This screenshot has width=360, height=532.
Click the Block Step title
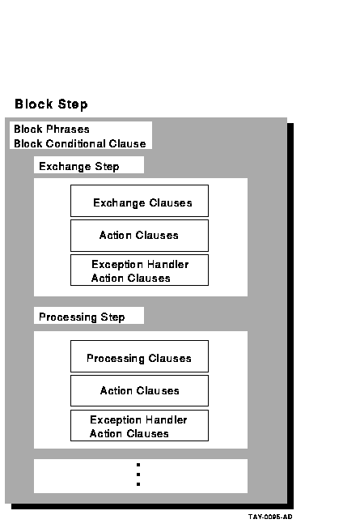coord(51,104)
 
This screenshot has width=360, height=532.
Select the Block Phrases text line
coord(52,129)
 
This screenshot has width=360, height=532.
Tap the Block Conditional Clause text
coord(80,143)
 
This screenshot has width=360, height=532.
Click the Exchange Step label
coord(79,166)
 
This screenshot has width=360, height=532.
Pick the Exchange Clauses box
coord(139,201)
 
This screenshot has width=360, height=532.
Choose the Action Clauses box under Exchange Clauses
coord(139,236)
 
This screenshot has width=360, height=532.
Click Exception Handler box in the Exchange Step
coord(139,270)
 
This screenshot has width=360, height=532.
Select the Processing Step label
coord(82,317)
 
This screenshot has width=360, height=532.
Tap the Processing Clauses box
coord(139,356)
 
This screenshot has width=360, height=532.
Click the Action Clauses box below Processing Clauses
coord(139,390)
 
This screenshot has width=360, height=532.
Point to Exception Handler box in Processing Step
coord(139,425)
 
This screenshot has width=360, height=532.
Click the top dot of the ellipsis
coord(138,465)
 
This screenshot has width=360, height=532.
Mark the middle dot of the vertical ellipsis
coord(138,475)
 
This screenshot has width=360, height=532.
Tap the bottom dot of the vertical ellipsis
coord(138,484)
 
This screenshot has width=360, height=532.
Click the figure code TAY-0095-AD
coord(270,517)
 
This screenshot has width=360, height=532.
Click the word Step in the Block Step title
coord(73,104)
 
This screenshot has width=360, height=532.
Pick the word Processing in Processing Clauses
coord(116,359)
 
